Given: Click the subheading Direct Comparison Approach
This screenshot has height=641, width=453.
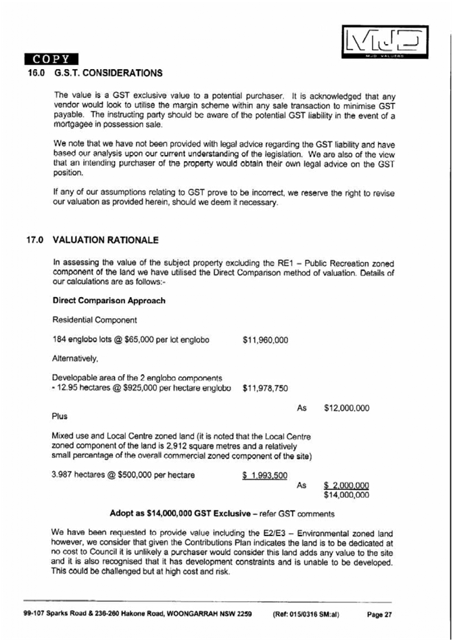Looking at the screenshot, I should click(x=108, y=301).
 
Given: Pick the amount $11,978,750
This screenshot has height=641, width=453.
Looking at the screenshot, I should click(x=265, y=389).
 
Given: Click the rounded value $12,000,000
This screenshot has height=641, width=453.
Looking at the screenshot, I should click(x=347, y=408).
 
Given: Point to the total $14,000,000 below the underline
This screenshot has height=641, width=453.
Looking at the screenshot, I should click(x=347, y=495).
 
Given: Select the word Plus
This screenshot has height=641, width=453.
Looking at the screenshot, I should click(x=60, y=416).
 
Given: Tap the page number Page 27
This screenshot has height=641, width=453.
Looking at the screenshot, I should click(x=379, y=615).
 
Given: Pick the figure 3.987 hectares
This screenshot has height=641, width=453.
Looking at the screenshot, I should click(x=76, y=475).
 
